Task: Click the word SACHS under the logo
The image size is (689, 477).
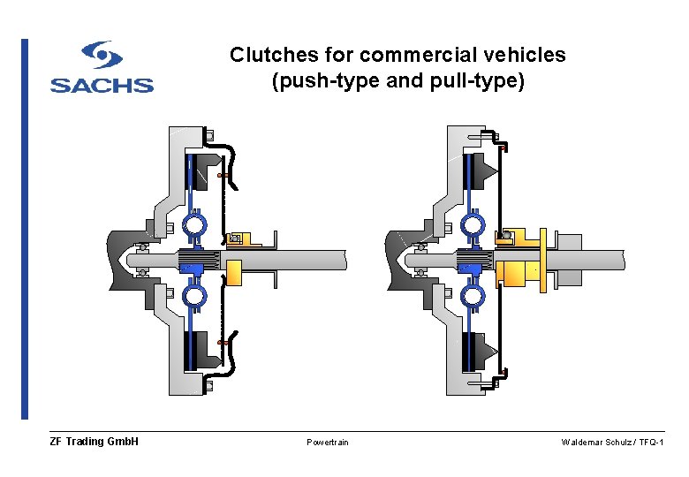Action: (102, 86)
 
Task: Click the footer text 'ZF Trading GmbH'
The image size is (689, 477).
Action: (95, 442)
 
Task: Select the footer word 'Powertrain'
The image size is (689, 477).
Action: (327, 442)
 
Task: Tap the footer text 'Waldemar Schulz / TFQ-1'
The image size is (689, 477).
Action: (612, 442)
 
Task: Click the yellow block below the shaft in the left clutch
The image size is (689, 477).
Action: (234, 273)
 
